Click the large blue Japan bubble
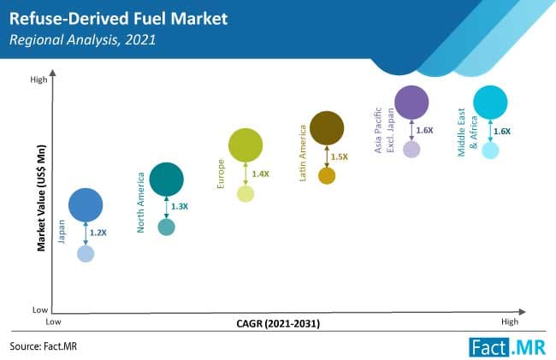coord(86,204)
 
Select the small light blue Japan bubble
coord(86,254)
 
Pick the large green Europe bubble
coord(245,145)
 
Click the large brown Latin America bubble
coord(327,128)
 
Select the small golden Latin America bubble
coord(327,176)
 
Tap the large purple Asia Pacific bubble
coord(411,102)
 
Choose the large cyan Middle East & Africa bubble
coord(490,103)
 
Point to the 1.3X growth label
coord(180,206)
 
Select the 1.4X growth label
coord(260,174)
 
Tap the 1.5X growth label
coord(340,156)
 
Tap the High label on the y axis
coord(38,80)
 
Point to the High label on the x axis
coord(510,322)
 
